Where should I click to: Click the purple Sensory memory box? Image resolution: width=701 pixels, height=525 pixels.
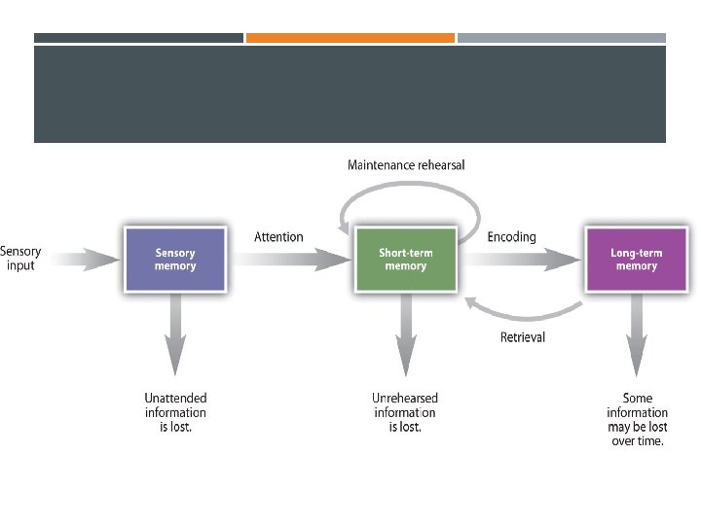[x=175, y=260]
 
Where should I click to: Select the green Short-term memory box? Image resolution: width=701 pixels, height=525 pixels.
[x=406, y=260]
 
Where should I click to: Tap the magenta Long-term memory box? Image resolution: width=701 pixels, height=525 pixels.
[x=636, y=260]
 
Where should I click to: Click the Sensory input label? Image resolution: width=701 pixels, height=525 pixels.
[x=20, y=259]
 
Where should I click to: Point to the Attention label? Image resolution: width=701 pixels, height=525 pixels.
[x=278, y=237]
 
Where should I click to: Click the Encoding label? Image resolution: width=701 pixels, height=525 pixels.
[x=511, y=237]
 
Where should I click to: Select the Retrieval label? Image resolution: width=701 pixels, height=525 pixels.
[x=523, y=337]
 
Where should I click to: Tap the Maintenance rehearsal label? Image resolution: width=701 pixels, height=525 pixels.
[x=406, y=165]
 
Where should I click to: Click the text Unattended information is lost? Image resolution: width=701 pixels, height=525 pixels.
[x=175, y=412]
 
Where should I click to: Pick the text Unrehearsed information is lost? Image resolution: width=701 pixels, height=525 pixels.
[x=405, y=412]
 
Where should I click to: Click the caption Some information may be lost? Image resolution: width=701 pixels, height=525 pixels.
[x=637, y=419]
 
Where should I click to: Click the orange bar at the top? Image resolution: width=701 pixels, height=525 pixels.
[x=350, y=38]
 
